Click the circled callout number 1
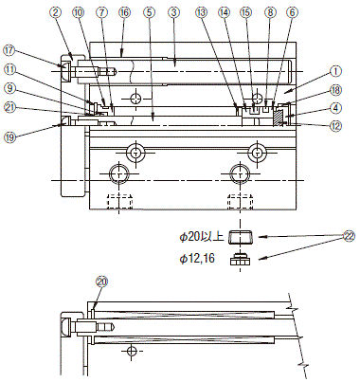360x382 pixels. click(x=335, y=71)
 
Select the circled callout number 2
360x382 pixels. click(x=56, y=12)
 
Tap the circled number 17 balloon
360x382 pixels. click(x=9, y=50)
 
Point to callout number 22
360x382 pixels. click(x=349, y=236)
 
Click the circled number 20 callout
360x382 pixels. click(x=102, y=282)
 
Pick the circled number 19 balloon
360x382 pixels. click(x=9, y=137)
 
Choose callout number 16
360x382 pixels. click(x=124, y=12)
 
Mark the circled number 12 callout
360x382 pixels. click(x=335, y=126)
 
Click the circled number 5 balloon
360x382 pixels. click(x=149, y=12)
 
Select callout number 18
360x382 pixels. click(x=335, y=90)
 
